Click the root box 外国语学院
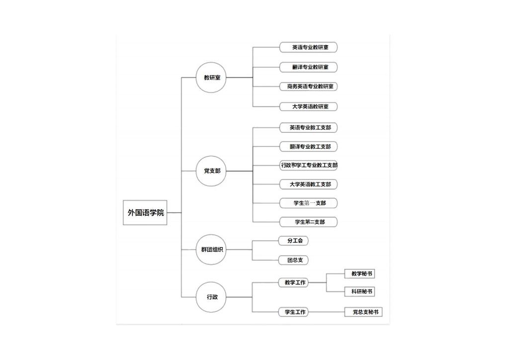pos(145,213)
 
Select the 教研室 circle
pos(211,78)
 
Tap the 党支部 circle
pos(211,171)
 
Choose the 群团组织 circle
pos(211,250)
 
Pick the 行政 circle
pos(211,297)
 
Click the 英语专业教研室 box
pos(308,47)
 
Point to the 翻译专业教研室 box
pos(308,67)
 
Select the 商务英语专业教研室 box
pos(308,87)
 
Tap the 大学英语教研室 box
pos(308,106)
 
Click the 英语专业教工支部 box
pos(308,128)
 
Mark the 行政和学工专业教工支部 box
pos(308,165)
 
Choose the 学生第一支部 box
pos(308,203)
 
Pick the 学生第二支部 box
pos(308,222)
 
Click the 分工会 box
pos(293,241)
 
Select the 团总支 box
pos(293,260)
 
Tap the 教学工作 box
pos(293,283)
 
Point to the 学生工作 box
pos(293,312)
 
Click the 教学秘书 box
pos(360,273)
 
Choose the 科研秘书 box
pos(360,291)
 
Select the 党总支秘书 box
pos(363,312)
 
